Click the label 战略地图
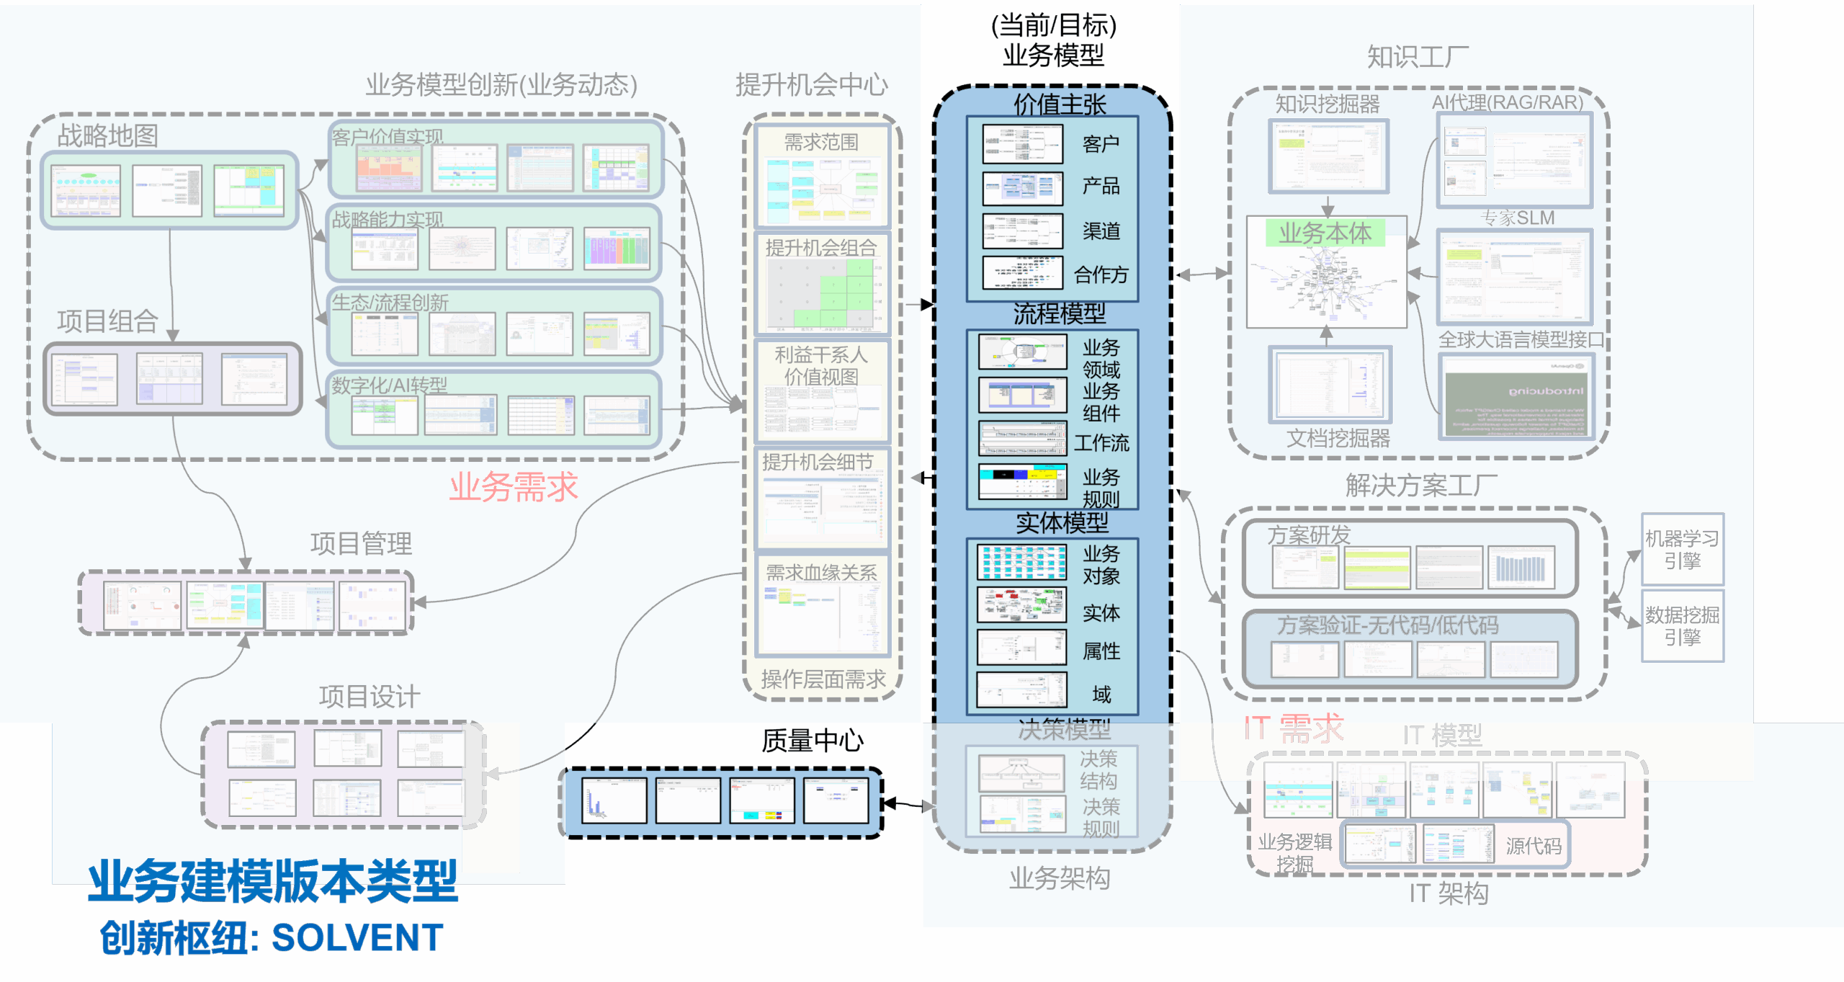tap(107, 135)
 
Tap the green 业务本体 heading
tap(1325, 233)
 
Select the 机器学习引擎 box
tap(1682, 549)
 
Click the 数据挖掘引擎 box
tap(1682, 625)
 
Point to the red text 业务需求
tap(513, 487)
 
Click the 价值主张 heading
tap(1060, 104)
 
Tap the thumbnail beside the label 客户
tap(1022, 144)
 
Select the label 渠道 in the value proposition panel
tap(1101, 231)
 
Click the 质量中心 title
tap(812, 741)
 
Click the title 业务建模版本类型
tap(272, 881)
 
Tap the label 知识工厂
tap(1418, 57)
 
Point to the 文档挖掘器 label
tap(1338, 438)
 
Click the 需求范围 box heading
tap(821, 142)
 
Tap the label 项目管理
tap(361, 543)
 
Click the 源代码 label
tap(1534, 846)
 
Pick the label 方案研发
tap(1309, 535)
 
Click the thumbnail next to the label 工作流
tap(1022, 438)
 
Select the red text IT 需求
tap(1294, 728)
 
